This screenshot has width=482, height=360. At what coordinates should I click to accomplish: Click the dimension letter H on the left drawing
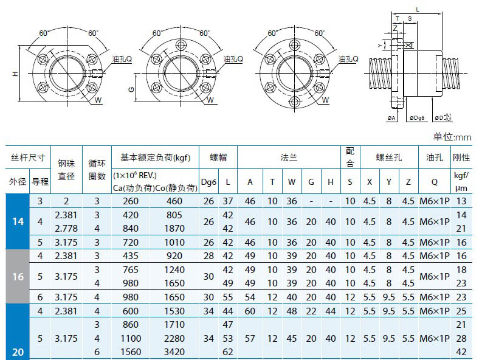15,74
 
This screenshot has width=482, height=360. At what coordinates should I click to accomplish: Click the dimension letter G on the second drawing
131,89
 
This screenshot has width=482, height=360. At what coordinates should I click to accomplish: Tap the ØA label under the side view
391,118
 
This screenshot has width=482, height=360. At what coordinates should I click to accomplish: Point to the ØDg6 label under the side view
417,118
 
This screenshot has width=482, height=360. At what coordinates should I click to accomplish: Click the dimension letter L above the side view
418,10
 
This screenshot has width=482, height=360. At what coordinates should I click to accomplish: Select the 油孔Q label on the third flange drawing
348,59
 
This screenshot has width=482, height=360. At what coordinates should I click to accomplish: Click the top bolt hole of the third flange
294,45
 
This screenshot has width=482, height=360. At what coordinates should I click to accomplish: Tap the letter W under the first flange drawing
98,100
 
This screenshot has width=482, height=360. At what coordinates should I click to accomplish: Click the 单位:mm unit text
452,137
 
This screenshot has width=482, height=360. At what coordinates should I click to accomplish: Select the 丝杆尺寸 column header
28,157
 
